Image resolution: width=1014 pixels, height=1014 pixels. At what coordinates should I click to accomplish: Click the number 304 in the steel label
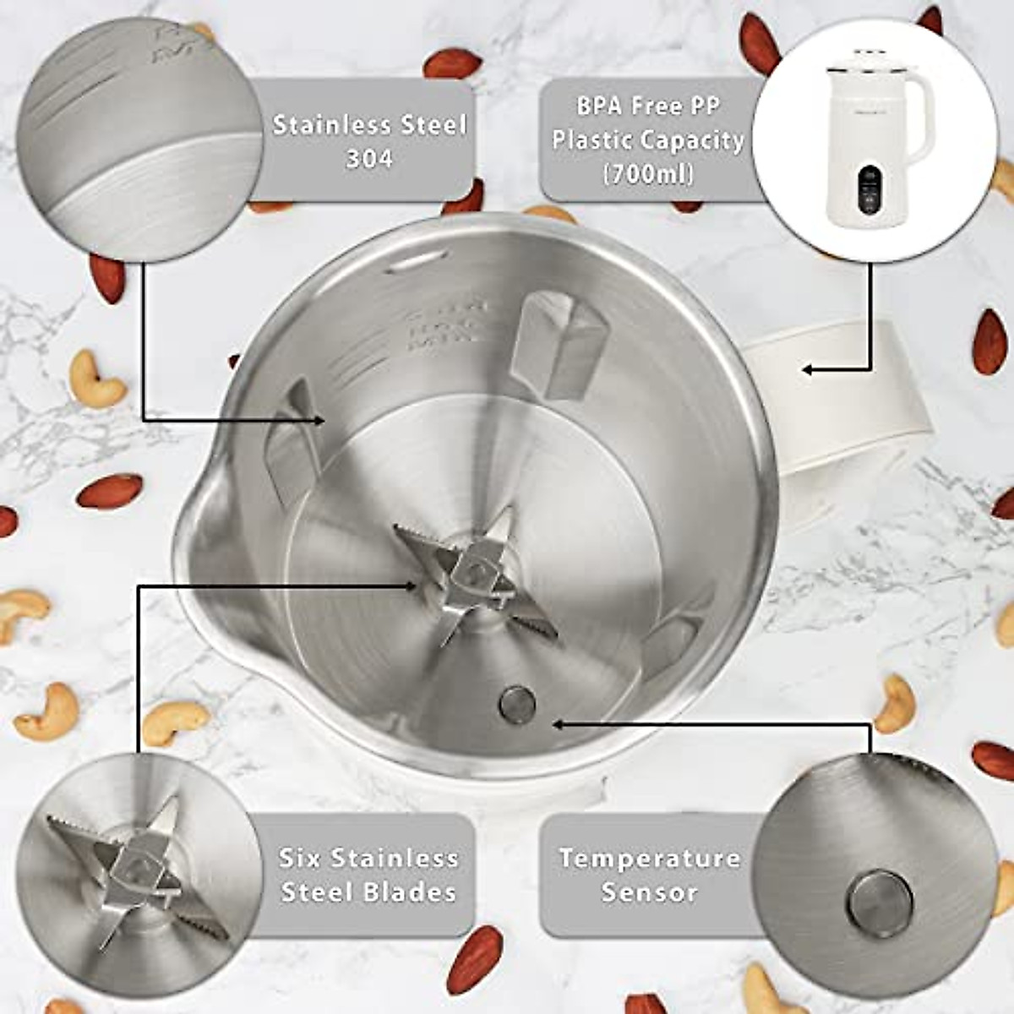click(369, 159)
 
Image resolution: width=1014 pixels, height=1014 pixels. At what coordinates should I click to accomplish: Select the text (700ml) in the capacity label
click(648, 174)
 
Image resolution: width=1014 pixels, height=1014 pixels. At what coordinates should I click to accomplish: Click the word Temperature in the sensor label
click(649, 859)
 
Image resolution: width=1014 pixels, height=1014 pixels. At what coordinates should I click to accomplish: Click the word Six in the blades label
click(299, 859)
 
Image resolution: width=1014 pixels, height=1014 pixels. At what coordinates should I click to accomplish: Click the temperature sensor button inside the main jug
click(517, 703)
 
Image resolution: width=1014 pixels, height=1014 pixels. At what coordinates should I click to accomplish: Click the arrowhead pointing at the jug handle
click(808, 369)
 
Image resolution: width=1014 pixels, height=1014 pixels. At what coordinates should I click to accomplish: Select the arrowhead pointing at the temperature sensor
click(557, 723)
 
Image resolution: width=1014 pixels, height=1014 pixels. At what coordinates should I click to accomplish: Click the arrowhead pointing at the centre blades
click(411, 585)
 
